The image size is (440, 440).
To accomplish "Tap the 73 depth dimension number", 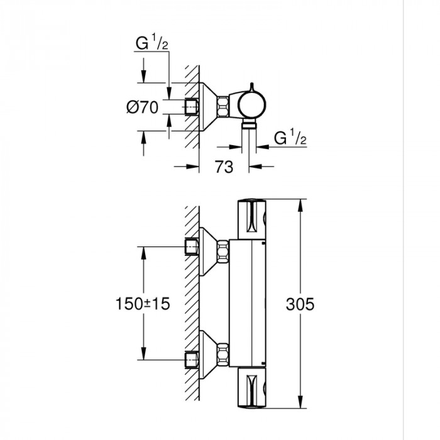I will pos(224,167).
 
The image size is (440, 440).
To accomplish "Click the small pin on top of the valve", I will pos(251,87).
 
